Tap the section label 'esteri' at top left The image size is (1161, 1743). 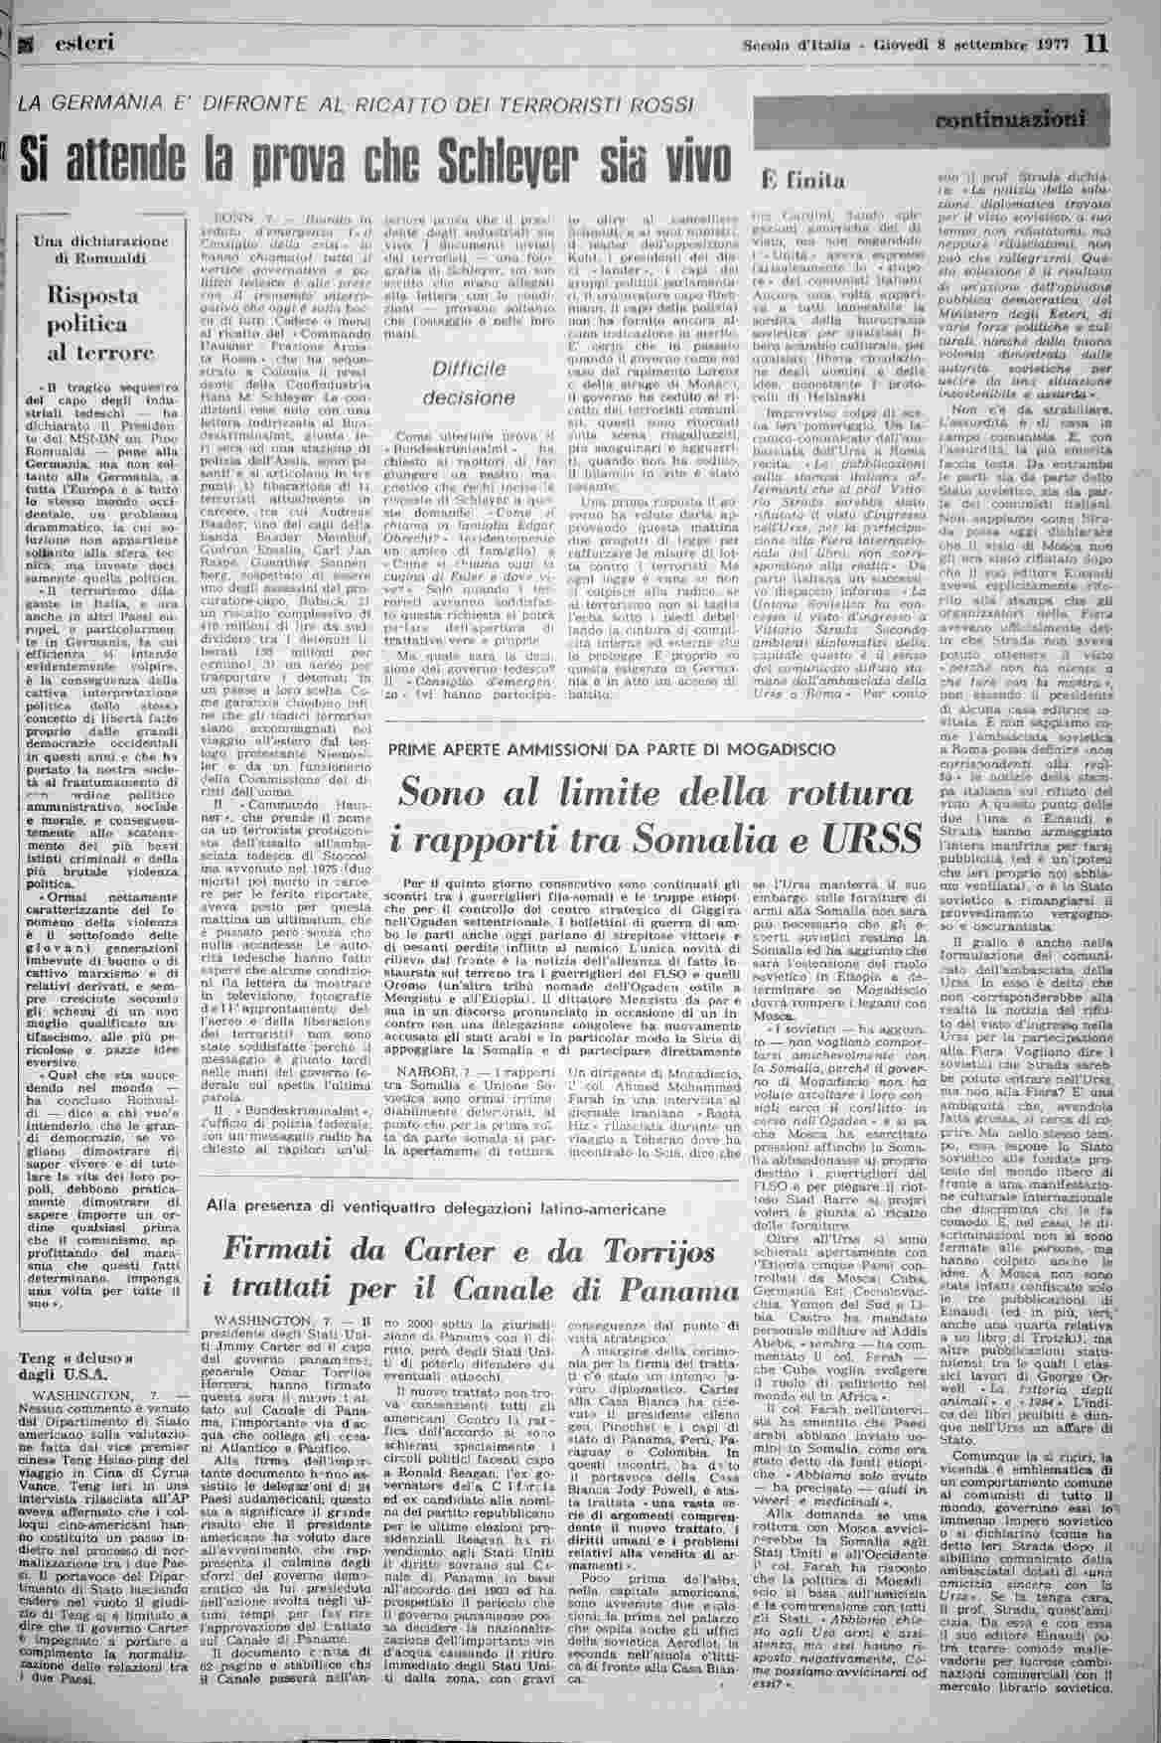point(84,43)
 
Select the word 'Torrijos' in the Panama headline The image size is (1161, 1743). point(667,1249)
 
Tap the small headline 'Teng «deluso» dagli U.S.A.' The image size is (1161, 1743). point(67,1367)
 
